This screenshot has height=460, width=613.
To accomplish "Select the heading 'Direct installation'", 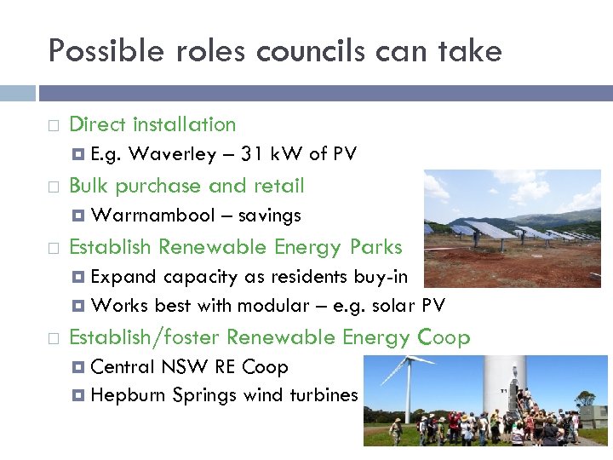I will click(x=152, y=124).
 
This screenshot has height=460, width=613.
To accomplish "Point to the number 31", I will click(x=253, y=154).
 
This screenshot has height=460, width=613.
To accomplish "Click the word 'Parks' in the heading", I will click(x=375, y=248).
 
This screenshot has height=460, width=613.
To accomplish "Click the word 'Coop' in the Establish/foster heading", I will click(x=444, y=338).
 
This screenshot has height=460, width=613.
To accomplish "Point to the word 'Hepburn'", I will click(x=128, y=394).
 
